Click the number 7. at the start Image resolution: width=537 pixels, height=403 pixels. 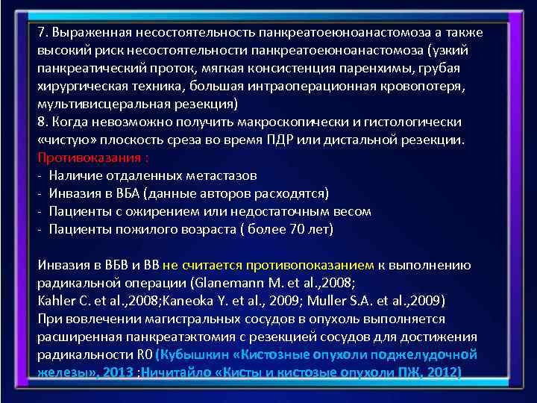[43, 33]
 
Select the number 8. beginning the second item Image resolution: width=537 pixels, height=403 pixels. [43, 121]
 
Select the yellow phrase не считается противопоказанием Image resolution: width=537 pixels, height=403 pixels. [267, 265]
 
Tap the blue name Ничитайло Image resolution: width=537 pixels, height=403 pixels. [175, 372]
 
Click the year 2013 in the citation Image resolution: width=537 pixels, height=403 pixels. [120, 372]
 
